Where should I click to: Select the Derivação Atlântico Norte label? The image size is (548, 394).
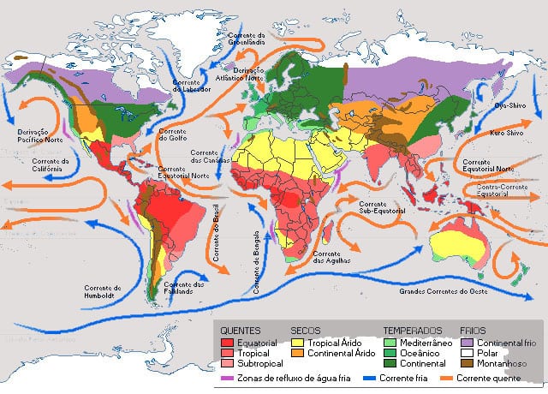pyautogui.click(x=243, y=72)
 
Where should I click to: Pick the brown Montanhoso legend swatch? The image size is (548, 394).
pyautogui.click(x=467, y=364)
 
